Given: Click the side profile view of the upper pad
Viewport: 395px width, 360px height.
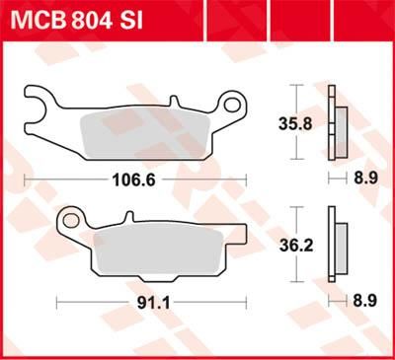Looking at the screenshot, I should tap(336, 124).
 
